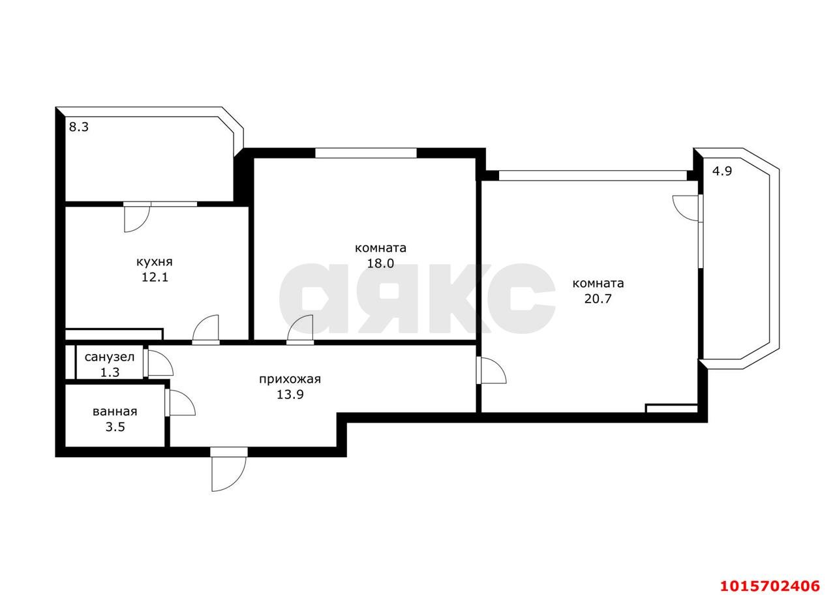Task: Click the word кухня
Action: click(155, 262)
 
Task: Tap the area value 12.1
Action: click(155, 277)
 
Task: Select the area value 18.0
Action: click(380, 263)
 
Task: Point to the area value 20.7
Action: click(598, 299)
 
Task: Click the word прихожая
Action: click(290, 380)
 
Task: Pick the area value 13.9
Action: click(290, 394)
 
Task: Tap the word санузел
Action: click(109, 357)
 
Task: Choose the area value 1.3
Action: click(110, 372)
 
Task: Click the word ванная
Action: click(115, 411)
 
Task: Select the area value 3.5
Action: click(115, 426)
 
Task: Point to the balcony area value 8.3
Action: click(79, 127)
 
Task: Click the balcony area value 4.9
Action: click(722, 171)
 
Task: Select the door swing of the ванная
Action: click(181, 402)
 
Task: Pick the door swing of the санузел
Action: click(159, 363)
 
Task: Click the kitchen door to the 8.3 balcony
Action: click(137, 218)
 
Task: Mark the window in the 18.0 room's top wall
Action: click(366, 153)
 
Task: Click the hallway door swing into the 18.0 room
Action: click(300, 329)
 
